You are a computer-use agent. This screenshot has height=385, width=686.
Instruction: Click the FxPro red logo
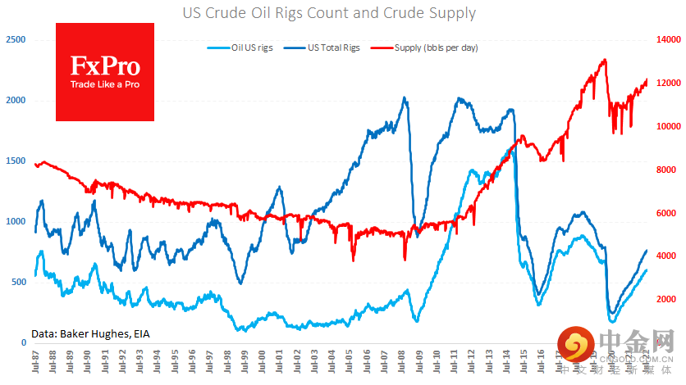tap(104, 72)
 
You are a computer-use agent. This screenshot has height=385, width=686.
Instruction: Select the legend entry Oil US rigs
tap(253, 48)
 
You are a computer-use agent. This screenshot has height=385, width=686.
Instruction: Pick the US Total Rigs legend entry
tap(332, 48)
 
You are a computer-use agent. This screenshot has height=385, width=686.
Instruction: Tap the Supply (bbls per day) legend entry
tap(436, 48)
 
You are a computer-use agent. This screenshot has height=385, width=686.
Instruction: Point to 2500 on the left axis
tap(16, 39)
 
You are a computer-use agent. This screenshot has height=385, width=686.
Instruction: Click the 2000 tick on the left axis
tap(16, 100)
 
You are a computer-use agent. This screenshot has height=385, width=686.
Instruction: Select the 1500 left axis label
tap(16, 161)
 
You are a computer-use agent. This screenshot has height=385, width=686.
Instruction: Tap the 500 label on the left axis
tap(18, 282)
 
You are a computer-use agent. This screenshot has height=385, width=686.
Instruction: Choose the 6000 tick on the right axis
tap(665, 213)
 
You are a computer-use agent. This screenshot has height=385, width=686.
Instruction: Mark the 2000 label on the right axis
tap(665, 300)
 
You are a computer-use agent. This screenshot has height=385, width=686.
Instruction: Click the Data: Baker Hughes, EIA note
tap(91, 333)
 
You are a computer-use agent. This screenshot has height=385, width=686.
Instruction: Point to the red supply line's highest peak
tap(605, 60)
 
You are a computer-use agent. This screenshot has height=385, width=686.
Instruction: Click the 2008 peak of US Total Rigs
tap(405, 98)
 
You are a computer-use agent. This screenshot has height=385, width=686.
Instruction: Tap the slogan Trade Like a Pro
tap(104, 85)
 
